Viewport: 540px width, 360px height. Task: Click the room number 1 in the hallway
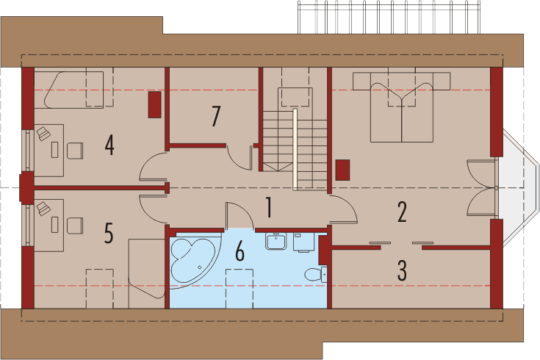(x=270, y=209)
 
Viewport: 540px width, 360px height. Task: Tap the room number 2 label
(x=402, y=212)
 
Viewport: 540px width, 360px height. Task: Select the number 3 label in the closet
(x=402, y=270)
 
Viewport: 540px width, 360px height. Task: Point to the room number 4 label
(x=109, y=145)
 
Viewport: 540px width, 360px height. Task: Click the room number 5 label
(x=109, y=234)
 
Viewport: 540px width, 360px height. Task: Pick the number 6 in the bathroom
(x=240, y=252)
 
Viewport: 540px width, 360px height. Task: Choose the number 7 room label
(x=215, y=116)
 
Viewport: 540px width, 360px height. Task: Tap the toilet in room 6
(x=314, y=275)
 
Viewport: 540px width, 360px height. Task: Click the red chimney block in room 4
(x=156, y=104)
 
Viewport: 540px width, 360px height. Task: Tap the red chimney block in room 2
(x=342, y=170)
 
